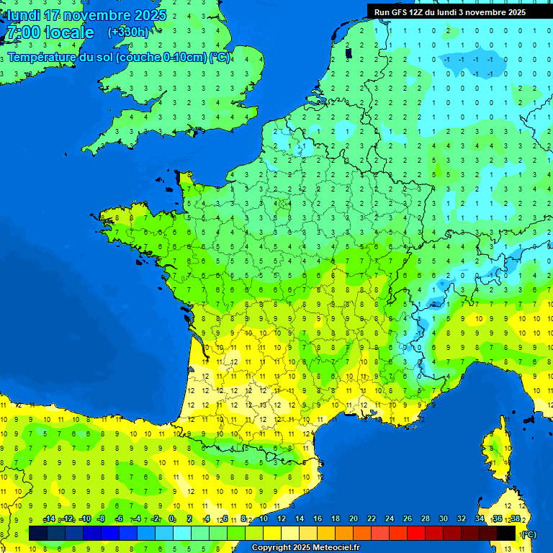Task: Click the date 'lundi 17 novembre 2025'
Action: point(87,14)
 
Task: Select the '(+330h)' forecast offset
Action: point(128,32)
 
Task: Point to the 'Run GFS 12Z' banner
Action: point(450,12)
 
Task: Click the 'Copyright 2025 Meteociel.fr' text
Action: point(305,548)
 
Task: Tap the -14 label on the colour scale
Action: point(49,519)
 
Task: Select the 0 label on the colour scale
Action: point(172,519)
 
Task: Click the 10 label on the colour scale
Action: point(264,519)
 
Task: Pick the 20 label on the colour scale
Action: point(354,519)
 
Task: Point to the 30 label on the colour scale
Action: point(444,519)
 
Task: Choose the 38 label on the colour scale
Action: point(515,519)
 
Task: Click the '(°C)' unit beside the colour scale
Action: point(529,534)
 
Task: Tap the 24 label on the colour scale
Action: point(390,519)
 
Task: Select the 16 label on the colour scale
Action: point(318,519)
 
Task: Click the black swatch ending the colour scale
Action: point(506,533)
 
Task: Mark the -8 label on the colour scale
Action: point(102,519)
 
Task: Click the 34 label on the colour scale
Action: point(480,519)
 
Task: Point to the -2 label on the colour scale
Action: point(154,519)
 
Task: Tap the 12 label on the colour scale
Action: point(282,519)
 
